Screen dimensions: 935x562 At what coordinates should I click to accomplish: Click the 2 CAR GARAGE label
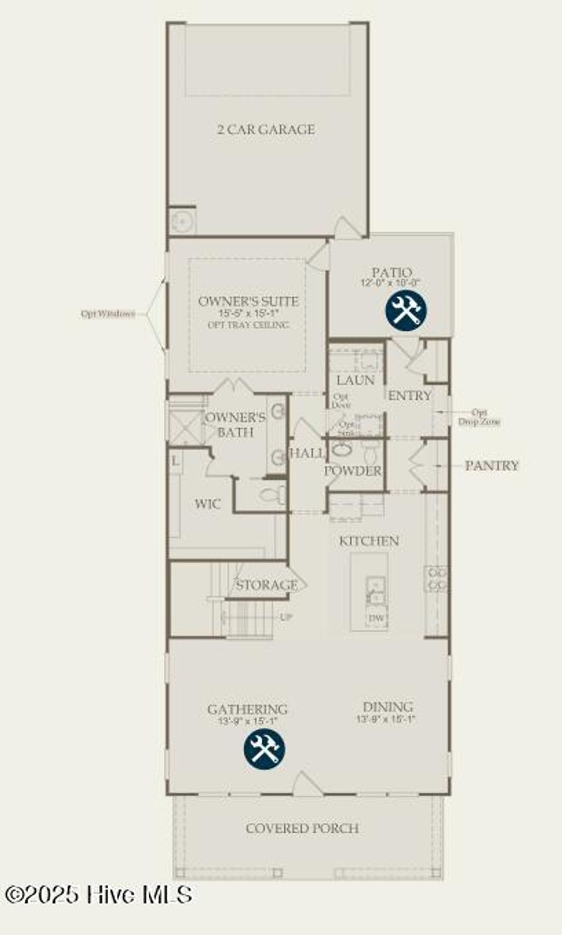(266, 130)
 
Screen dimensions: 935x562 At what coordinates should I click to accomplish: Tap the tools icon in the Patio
(406, 310)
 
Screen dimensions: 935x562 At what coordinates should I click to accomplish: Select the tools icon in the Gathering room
(265, 748)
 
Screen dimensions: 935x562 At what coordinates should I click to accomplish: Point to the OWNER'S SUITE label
(248, 301)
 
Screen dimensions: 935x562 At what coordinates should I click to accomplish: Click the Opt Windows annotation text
(108, 314)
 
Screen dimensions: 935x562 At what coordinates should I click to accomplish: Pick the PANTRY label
(491, 466)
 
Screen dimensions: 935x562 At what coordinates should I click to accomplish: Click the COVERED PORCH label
(302, 828)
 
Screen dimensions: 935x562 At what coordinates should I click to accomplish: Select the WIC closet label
(208, 504)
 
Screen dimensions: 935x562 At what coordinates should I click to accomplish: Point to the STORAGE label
(267, 585)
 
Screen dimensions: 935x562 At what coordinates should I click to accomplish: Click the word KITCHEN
(369, 541)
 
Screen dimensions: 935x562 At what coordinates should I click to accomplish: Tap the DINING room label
(388, 707)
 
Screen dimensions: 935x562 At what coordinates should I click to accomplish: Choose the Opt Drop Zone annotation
(479, 418)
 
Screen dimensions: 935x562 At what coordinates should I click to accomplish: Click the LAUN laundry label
(355, 380)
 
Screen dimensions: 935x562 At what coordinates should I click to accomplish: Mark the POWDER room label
(353, 471)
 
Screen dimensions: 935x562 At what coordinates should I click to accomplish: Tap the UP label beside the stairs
(286, 617)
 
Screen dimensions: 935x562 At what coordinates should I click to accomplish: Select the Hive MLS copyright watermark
(99, 895)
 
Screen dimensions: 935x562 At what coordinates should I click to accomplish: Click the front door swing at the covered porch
(307, 784)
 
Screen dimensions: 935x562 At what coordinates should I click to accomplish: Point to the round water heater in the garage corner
(181, 221)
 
